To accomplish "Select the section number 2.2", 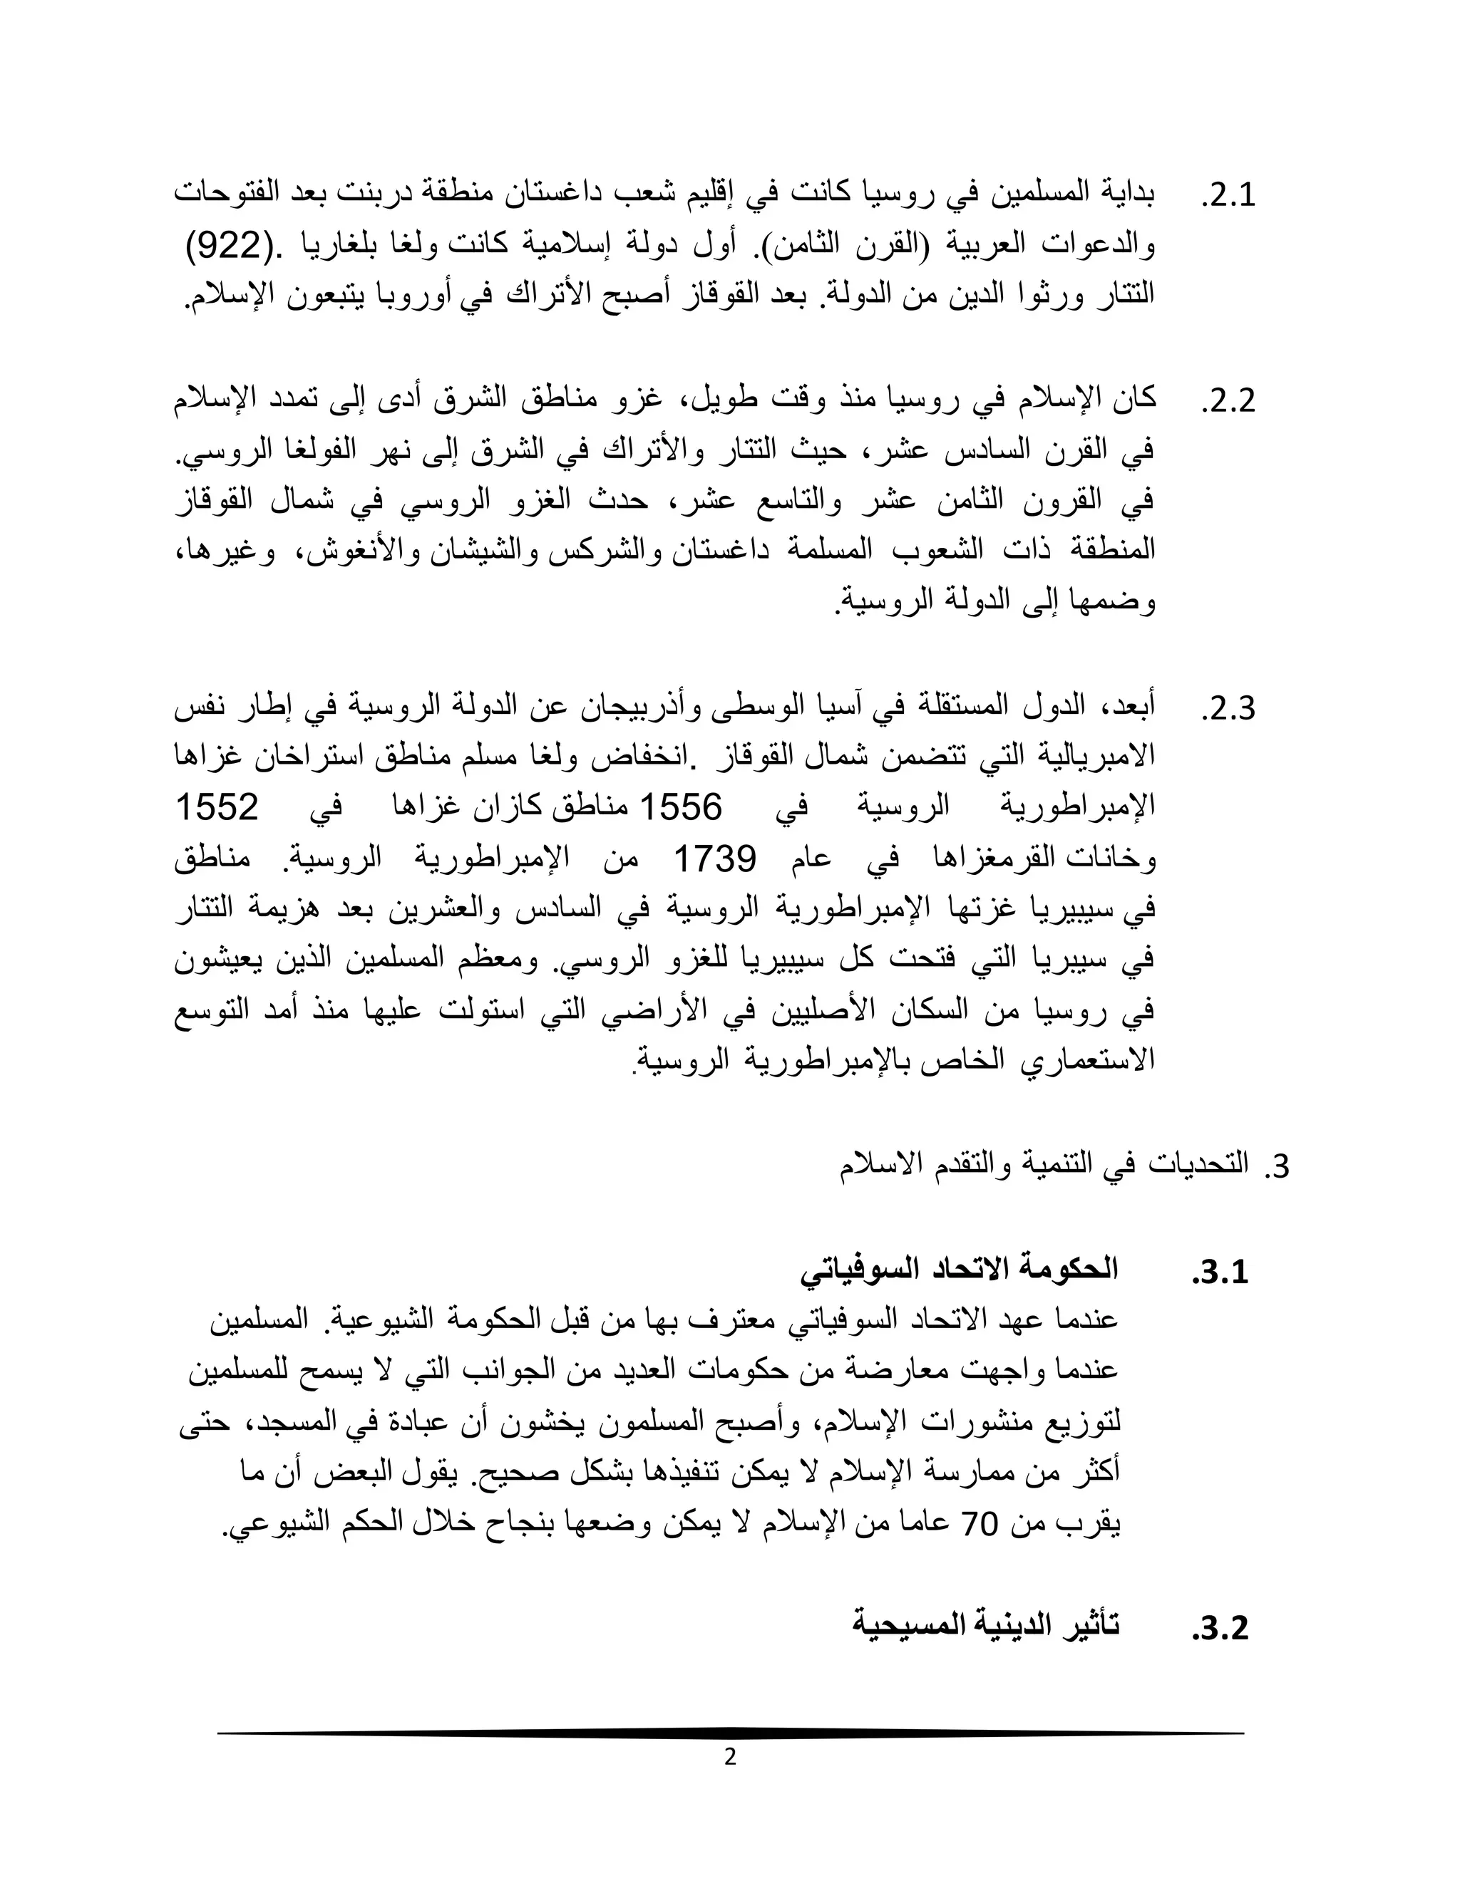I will (1228, 402).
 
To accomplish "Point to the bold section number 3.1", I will (1220, 1272).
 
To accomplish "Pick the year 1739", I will (714, 859).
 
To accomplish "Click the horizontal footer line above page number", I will (730, 1733).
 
